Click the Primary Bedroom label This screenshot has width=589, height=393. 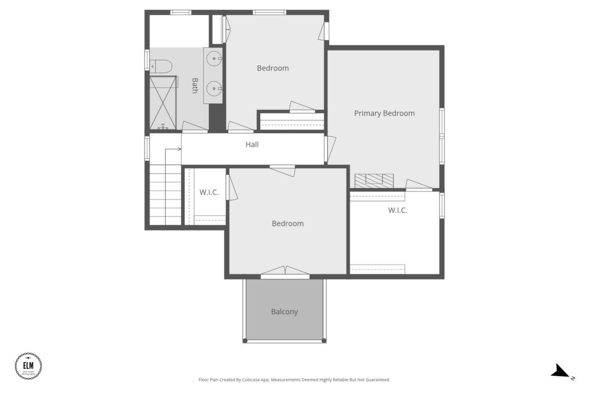tap(384, 113)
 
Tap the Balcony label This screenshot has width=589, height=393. tap(284, 312)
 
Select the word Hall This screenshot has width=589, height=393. tap(252, 145)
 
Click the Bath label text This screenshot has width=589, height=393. tap(195, 85)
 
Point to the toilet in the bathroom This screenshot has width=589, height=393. tap(161, 67)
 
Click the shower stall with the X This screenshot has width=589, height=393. tap(163, 103)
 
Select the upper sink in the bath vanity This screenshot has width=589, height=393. tap(214, 59)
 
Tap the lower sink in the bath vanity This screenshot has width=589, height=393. tap(214, 88)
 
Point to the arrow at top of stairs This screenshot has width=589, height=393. tap(173, 149)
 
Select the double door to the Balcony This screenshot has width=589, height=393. tap(285, 272)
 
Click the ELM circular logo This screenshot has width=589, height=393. tap(29, 366)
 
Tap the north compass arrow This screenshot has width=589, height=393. tap(561, 371)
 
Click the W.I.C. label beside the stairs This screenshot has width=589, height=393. tap(209, 193)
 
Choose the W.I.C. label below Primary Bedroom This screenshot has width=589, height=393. tap(398, 211)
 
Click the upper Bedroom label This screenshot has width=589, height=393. tap(273, 68)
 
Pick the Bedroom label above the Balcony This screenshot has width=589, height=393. tap(288, 223)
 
